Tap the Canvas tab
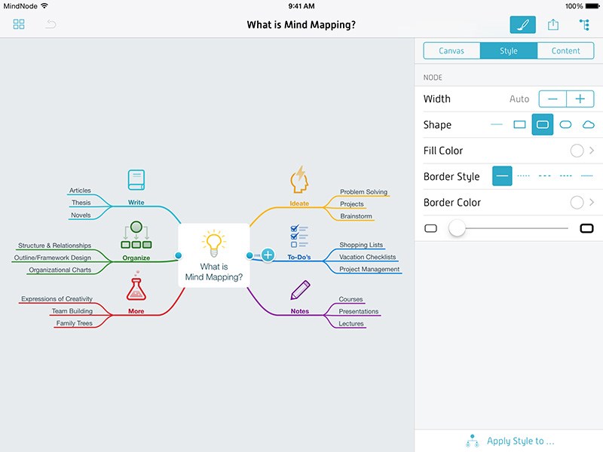[451, 51]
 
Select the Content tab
[565, 51]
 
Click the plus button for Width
[580, 99]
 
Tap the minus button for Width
[552, 99]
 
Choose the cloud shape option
[589, 124]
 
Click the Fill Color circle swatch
[577, 151]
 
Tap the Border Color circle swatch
[577, 203]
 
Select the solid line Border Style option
[502, 176]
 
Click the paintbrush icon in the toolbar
[523, 25]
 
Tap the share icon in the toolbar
[553, 25]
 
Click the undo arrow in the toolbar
[51, 25]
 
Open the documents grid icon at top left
[19, 25]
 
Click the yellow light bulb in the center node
[214, 243]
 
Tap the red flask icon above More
[136, 288]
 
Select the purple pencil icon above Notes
[300, 289]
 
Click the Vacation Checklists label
[367, 257]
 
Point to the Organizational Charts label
[60, 270]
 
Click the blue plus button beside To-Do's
[268, 256]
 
